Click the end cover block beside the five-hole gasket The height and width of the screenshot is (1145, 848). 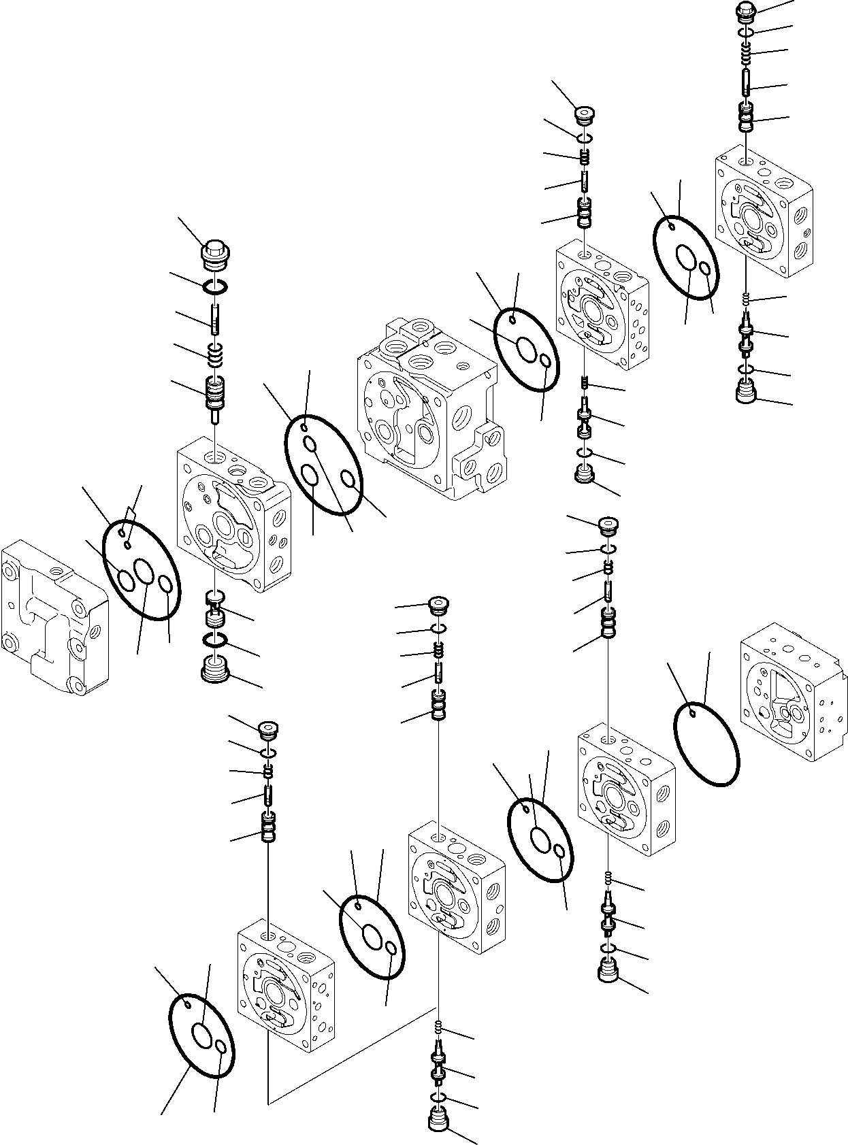(x=54, y=616)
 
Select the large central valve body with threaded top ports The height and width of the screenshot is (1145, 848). (x=429, y=408)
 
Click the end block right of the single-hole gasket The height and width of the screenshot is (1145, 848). (x=789, y=691)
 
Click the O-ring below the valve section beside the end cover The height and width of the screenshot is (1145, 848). (x=216, y=640)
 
